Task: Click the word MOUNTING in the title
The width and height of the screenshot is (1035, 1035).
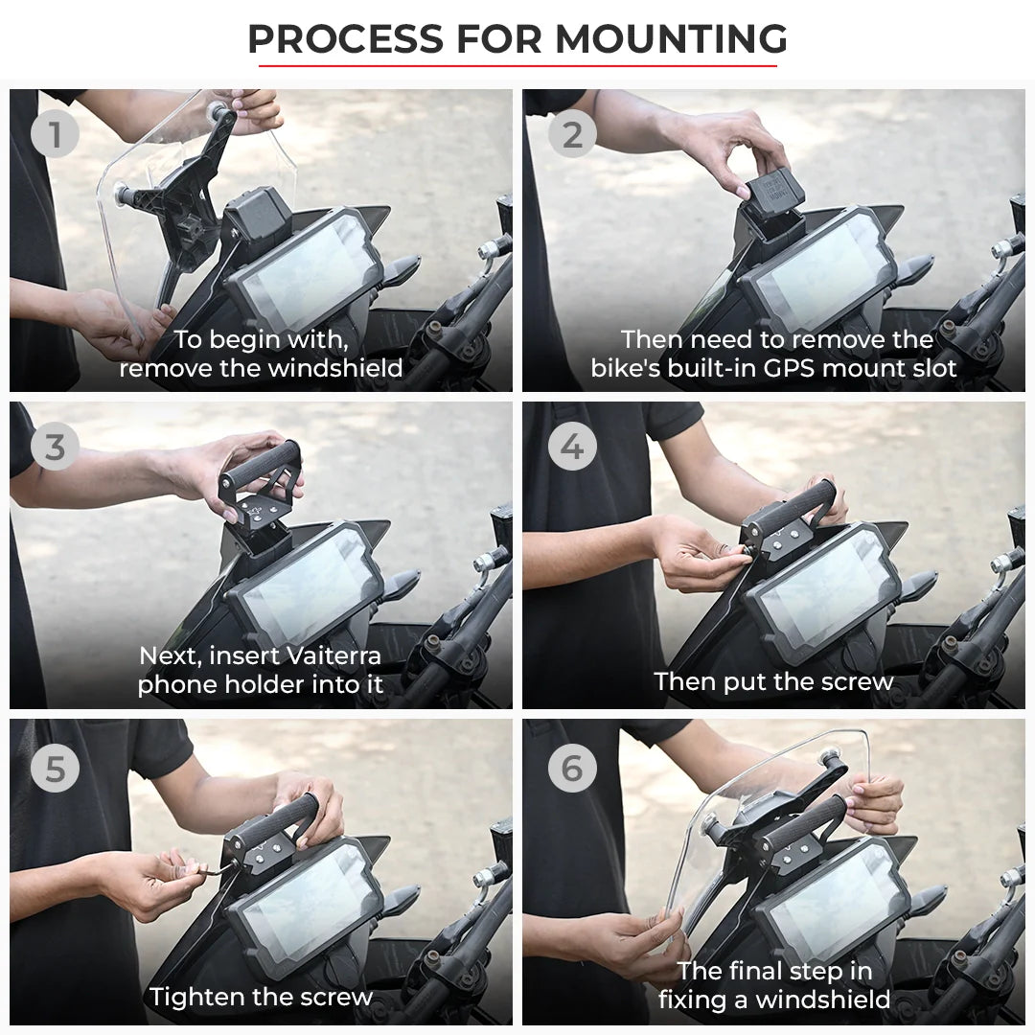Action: pyautogui.click(x=671, y=39)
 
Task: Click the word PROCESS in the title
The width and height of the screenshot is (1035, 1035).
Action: pyautogui.click(x=345, y=39)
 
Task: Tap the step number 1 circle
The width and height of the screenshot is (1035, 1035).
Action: pyautogui.click(x=54, y=135)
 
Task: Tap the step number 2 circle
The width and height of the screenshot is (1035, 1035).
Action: pyautogui.click(x=572, y=135)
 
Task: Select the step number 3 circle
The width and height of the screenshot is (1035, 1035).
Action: pyautogui.click(x=54, y=448)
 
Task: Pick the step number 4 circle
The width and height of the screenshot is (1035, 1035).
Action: pyautogui.click(x=572, y=448)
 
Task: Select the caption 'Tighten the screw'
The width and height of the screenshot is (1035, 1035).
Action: pyautogui.click(x=261, y=997)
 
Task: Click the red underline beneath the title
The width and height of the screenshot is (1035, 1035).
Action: pyautogui.click(x=517, y=66)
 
